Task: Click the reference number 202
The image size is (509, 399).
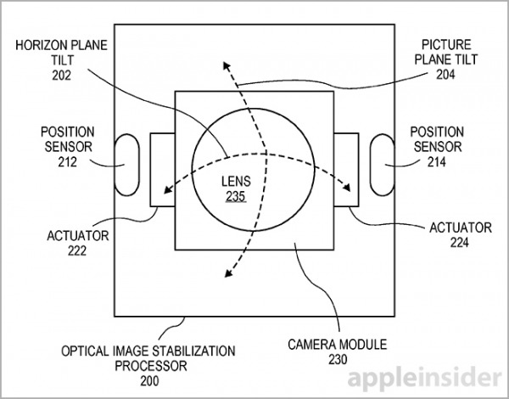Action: pos(61,76)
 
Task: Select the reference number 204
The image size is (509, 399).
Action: pos(445,75)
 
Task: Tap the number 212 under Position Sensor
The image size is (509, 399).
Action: pos(68,161)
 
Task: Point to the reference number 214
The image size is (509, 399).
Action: pos(437,161)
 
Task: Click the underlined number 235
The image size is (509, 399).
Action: pos(236,196)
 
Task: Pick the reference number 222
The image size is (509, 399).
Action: pos(77,250)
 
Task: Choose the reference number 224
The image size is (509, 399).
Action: pos(459,242)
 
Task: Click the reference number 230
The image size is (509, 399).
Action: pos(338,359)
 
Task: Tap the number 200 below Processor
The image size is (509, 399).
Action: pos(149,381)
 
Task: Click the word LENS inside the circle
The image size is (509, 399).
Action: pos(236,181)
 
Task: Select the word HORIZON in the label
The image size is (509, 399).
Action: pos(39,45)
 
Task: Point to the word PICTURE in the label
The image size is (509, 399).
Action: pos(442,44)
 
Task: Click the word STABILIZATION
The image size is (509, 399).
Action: pos(193,351)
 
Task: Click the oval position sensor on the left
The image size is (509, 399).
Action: pos(127,165)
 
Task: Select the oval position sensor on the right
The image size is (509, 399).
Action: pos(383,165)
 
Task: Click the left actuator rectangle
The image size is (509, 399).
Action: pos(162,170)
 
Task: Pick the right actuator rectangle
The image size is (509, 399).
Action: pos(346,170)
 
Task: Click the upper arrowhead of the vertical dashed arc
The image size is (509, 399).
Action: pos(227,65)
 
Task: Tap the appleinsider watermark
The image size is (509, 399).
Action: pos(424,377)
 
